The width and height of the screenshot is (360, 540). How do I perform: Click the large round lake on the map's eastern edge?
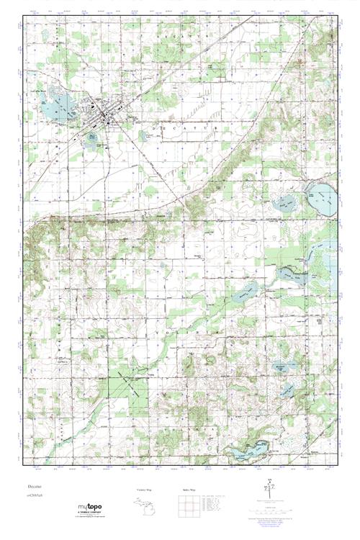pyautogui.click(x=321, y=195)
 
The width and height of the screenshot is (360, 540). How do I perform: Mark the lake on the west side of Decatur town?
pyautogui.click(x=53, y=109)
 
